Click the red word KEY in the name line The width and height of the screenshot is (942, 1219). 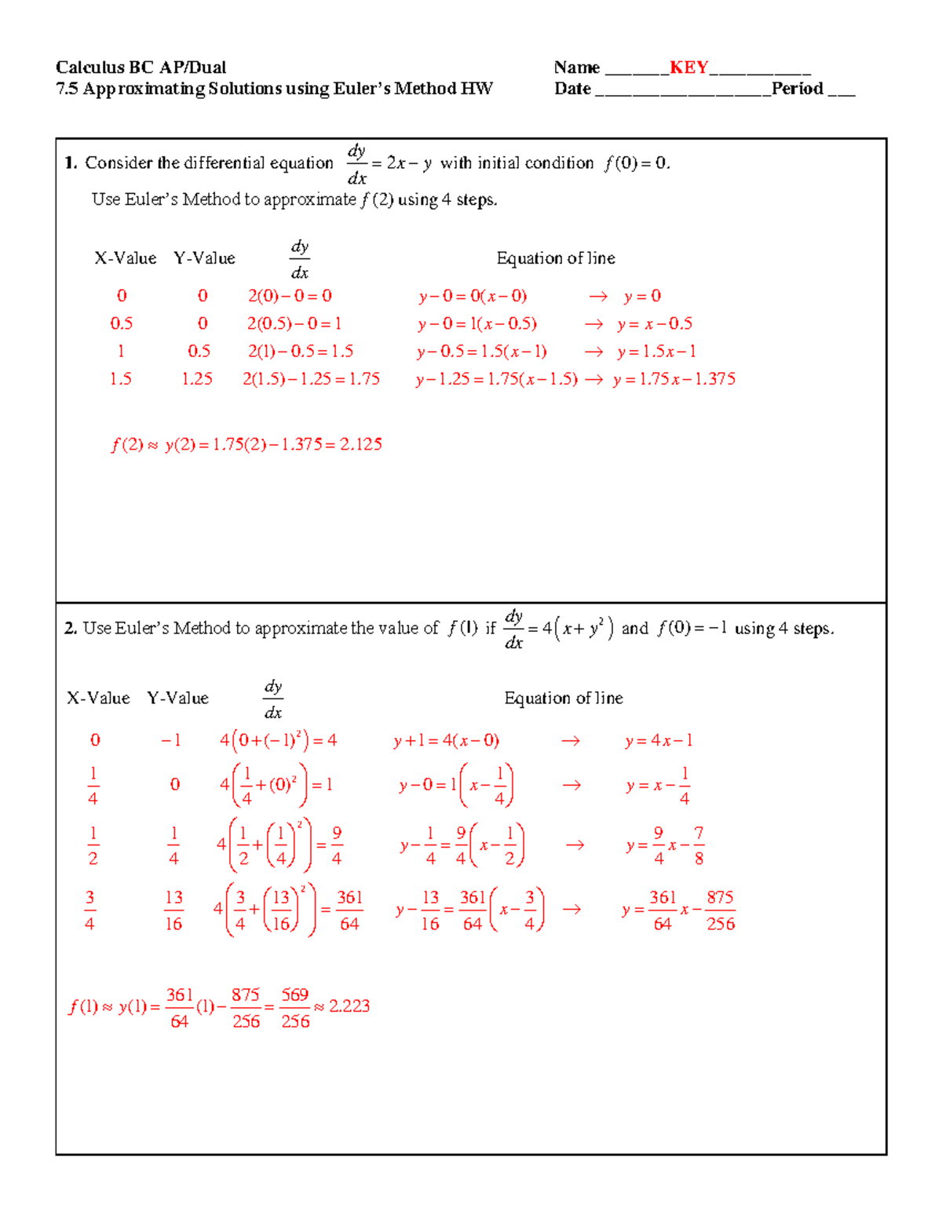pos(688,68)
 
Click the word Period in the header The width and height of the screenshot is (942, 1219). pos(798,89)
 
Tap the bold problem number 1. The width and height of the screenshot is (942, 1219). pos(70,163)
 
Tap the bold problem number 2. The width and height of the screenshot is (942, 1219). pos(70,628)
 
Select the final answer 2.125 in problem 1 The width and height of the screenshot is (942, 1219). pos(361,444)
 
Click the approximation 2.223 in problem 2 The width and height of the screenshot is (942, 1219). pos(349,1006)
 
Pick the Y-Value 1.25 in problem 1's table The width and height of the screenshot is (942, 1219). pos(196,379)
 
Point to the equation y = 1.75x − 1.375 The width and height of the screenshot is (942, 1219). pos(674,379)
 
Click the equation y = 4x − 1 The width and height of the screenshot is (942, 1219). pos(659,741)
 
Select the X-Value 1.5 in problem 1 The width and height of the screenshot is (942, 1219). pos(120,379)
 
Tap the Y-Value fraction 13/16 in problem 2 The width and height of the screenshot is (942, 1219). pos(173,911)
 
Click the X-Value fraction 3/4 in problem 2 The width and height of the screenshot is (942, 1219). pos(89,911)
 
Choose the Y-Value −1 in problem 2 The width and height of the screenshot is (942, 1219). pos(170,740)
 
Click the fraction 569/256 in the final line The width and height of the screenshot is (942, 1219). pos(295,1008)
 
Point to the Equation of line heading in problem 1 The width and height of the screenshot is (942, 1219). pos(555,258)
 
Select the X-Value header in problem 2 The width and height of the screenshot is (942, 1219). pos(98,698)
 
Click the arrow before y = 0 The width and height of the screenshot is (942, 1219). pos(598,297)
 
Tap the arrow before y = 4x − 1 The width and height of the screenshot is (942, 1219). pos(571,741)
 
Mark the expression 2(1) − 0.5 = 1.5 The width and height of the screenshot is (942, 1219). pos(301,352)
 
